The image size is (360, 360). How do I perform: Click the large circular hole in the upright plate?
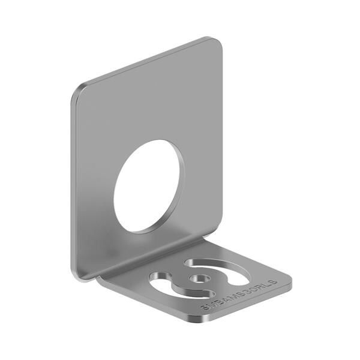[x=149, y=186]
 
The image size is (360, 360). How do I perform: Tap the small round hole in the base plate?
[x=199, y=279]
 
